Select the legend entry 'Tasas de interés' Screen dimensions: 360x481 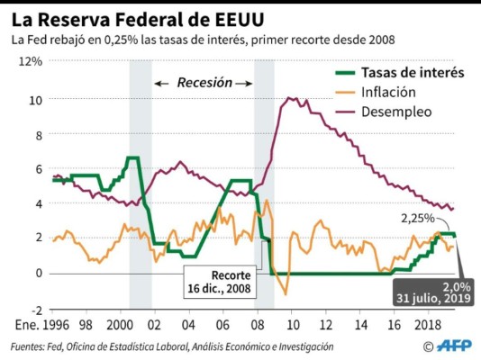[412, 73]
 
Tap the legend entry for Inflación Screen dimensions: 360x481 [388, 92]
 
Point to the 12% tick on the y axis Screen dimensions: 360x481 [31, 62]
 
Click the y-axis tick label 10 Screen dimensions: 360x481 [35, 99]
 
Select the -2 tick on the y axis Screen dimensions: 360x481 [35, 309]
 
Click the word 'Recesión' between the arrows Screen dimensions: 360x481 [204, 83]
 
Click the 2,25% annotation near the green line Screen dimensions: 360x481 [418, 218]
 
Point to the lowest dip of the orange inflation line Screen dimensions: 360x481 [285, 293]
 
